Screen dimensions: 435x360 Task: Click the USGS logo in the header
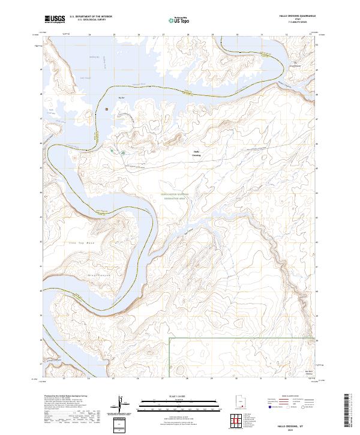[55, 20]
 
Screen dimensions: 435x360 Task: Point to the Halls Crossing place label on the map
[196, 152]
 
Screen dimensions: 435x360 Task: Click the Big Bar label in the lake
[122, 97]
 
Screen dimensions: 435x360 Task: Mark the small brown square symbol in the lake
[107, 109]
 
